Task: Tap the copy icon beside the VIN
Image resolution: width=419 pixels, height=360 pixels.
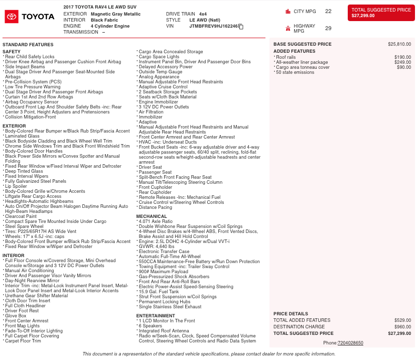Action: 241,26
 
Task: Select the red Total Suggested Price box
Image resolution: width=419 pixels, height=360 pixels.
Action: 381,13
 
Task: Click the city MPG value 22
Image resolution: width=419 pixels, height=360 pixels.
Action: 328,11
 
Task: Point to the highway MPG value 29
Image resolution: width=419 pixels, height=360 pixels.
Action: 328,29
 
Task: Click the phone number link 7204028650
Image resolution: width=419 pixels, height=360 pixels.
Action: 350,343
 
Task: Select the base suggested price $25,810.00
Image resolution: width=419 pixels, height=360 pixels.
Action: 399,44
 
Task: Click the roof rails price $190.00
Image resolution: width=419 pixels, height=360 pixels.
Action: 402,57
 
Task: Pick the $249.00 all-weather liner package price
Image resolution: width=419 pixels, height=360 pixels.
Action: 402,62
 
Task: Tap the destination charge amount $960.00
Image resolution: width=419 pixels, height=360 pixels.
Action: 402,327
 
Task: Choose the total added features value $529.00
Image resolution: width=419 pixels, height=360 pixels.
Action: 402,320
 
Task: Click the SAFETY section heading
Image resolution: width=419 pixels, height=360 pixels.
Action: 12,52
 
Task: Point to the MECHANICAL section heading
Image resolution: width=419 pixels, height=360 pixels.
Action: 152,216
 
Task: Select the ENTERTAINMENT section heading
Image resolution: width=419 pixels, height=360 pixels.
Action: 156,316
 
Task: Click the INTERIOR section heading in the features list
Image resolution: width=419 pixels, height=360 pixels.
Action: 14,256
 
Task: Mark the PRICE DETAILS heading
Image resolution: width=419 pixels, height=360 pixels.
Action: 291,314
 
